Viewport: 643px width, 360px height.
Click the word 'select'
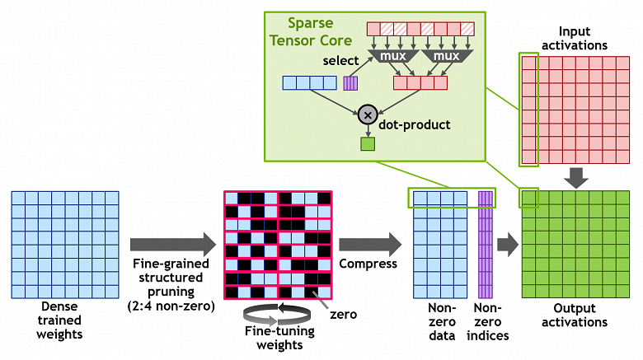(340, 61)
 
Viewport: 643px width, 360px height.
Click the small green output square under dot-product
(367, 145)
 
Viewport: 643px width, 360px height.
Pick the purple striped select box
(350, 82)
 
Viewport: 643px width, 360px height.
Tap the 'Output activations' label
(575, 316)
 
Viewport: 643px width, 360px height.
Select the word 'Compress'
(368, 264)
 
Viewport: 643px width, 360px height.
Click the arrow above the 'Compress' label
(368, 244)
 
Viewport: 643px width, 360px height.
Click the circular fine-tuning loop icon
(265, 312)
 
